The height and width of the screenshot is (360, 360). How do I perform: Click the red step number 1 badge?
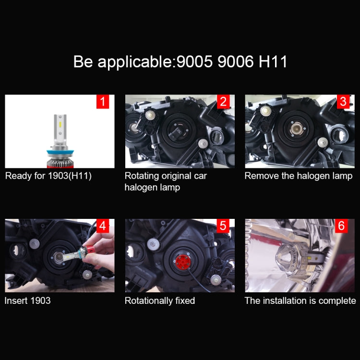click(103, 101)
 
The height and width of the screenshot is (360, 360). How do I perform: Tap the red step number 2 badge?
click(223, 101)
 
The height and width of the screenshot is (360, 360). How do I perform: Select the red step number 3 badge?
click(343, 101)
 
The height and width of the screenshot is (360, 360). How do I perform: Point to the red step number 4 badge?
click(103, 226)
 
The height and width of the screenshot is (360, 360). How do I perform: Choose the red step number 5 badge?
click(223, 226)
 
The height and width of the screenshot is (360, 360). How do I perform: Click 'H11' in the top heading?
click(271, 62)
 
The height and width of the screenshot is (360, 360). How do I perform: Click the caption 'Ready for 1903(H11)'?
click(48, 176)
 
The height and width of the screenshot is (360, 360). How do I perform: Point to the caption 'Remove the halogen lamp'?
click(298, 176)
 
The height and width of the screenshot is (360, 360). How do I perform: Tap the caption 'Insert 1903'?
click(27, 300)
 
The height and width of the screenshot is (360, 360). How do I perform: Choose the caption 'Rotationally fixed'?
click(160, 300)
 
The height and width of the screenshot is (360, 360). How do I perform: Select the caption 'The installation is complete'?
click(300, 300)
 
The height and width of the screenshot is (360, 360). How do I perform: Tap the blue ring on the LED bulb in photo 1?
click(60, 153)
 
